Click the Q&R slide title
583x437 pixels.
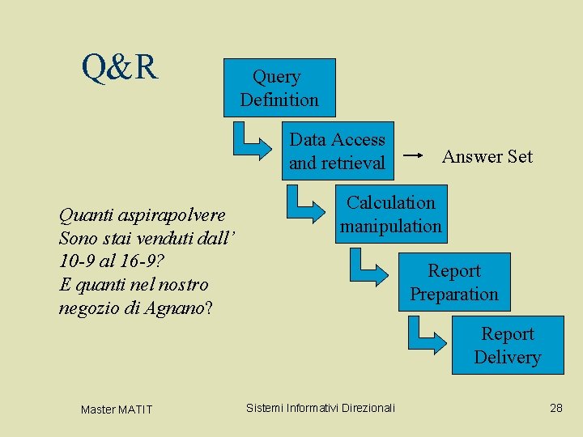[x=120, y=69]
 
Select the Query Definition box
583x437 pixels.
[x=279, y=88]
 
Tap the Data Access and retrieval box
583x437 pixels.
[x=337, y=151]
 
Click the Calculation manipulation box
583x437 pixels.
[x=391, y=214]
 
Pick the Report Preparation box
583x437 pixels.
[x=454, y=282]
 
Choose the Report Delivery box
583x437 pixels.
[x=508, y=346]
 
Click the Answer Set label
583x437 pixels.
[x=487, y=156]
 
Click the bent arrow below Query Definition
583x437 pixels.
[x=250, y=140]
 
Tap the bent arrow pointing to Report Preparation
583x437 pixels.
[x=368, y=268]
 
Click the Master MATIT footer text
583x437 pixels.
[x=116, y=409]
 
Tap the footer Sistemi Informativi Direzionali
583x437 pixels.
[x=321, y=408]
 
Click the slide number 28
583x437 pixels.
[x=555, y=408]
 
